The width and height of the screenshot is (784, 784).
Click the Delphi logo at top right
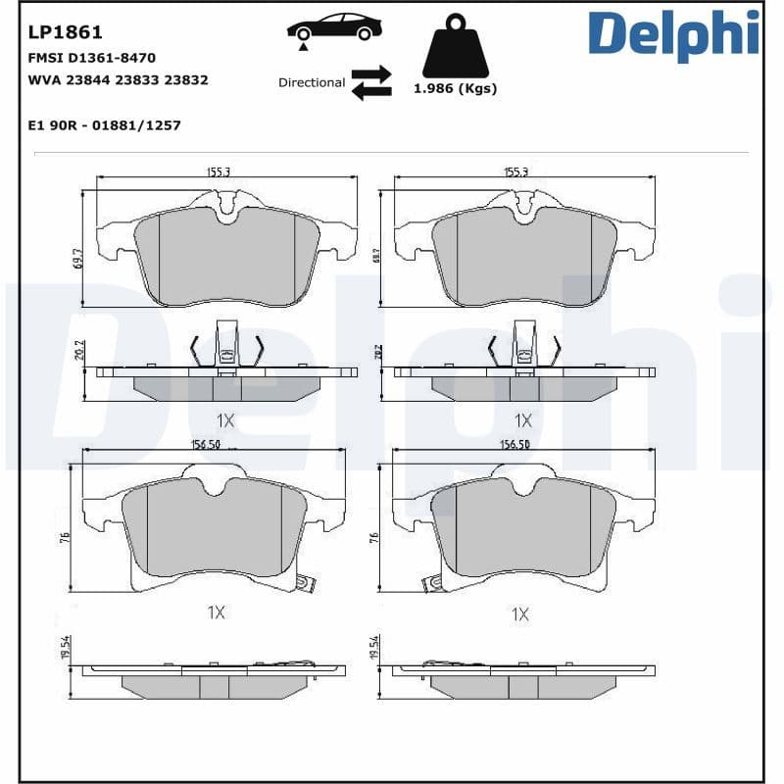tap(673, 34)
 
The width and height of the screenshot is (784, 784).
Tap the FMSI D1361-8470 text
tap(91, 59)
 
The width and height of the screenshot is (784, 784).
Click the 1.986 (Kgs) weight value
tap(455, 88)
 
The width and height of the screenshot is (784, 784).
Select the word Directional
tap(311, 83)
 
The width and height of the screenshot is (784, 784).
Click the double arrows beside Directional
tap(371, 83)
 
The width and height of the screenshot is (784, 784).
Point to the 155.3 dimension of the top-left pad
tap(218, 171)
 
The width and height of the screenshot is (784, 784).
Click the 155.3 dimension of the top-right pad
tap(515, 171)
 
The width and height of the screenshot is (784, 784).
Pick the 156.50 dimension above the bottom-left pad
tap(204, 443)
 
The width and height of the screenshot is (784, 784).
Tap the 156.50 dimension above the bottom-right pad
tap(515, 443)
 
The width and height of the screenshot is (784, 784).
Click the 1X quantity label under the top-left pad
tap(225, 420)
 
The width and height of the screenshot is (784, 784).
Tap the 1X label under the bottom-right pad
tap(519, 614)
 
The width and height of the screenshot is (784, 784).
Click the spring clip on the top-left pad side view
tap(226, 348)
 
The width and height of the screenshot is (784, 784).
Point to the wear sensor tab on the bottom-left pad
tap(306, 585)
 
